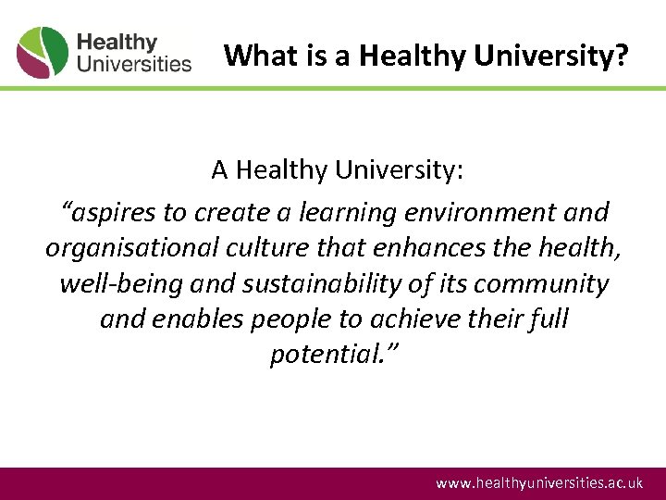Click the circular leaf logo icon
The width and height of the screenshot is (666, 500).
[x=43, y=52]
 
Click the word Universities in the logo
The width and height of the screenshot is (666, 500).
[x=134, y=64]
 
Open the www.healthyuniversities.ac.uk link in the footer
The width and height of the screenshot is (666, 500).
[x=539, y=483]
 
